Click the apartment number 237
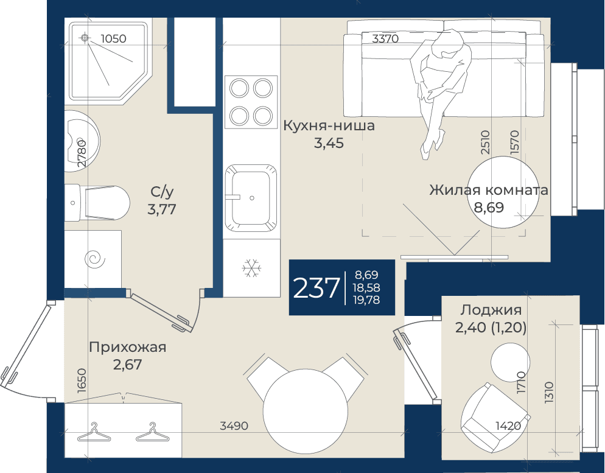pyautogui.click(x=316, y=288)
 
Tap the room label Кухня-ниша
pyautogui.click(x=329, y=126)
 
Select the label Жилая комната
pyautogui.click(x=489, y=190)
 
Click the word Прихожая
pyautogui.click(x=128, y=347)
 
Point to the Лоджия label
pyautogui.click(x=491, y=310)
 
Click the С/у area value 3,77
pyautogui.click(x=162, y=209)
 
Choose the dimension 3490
pyautogui.click(x=234, y=426)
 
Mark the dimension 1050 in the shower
pyautogui.click(x=113, y=38)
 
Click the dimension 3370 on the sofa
pyautogui.click(x=385, y=38)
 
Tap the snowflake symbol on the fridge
pyautogui.click(x=251, y=268)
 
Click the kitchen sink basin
pyautogui.click(x=251, y=198)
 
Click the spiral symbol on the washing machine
pyautogui.click(x=95, y=259)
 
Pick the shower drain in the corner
pyautogui.click(x=85, y=38)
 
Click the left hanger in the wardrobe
pyautogui.click(x=94, y=432)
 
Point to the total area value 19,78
pyautogui.click(x=366, y=300)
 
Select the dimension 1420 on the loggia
pyautogui.click(x=508, y=426)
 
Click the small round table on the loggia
pyautogui.click(x=510, y=362)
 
